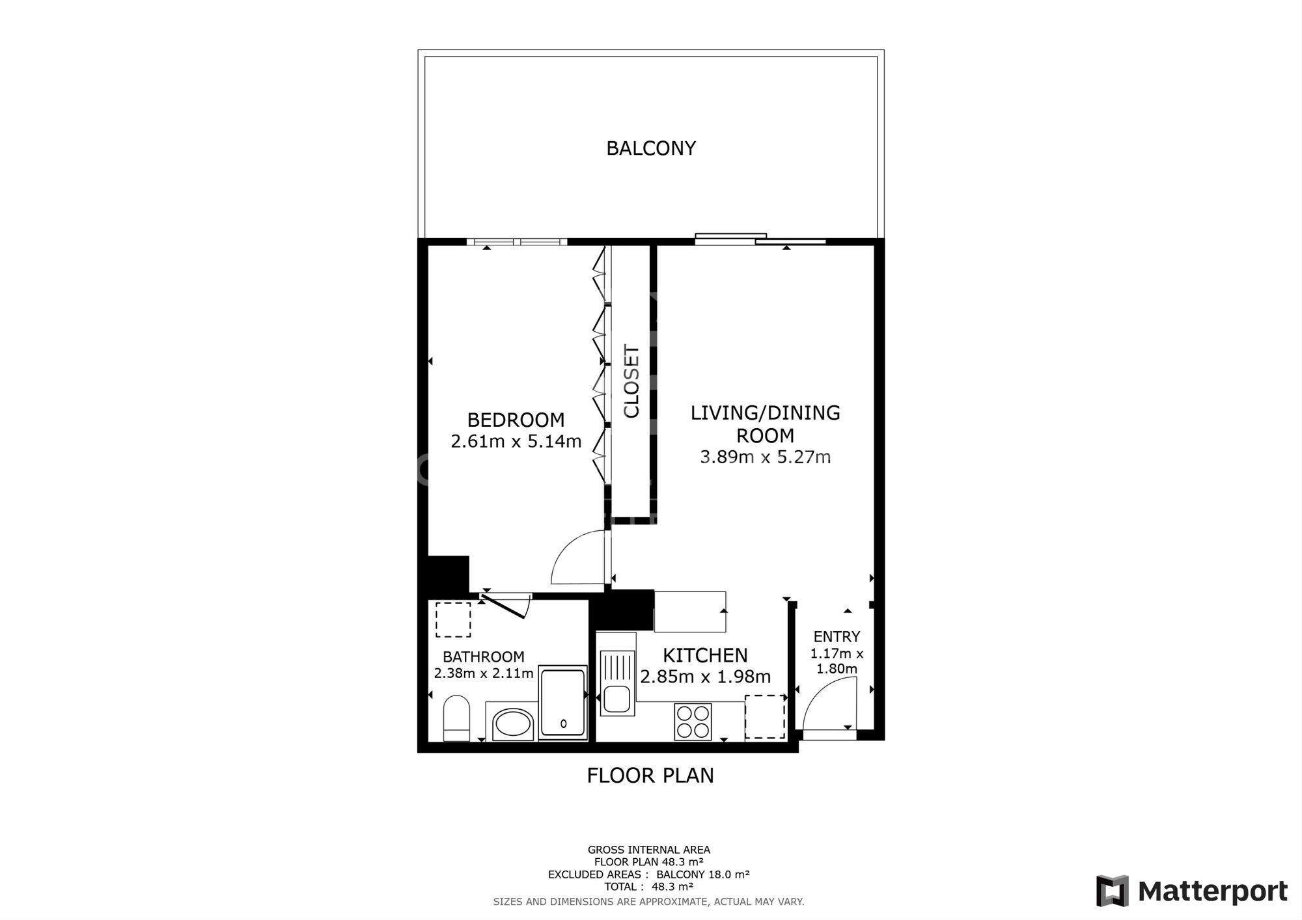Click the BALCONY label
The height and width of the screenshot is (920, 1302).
[x=651, y=148]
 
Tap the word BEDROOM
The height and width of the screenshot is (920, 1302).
[x=516, y=420]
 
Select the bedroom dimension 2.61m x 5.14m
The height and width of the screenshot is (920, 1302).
[x=516, y=442]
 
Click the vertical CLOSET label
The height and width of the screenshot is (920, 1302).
[x=631, y=381]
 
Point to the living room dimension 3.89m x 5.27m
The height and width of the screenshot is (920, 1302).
[x=765, y=457]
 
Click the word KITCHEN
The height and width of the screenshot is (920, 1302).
[x=705, y=655]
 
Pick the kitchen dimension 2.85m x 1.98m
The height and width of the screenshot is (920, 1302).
[x=705, y=677]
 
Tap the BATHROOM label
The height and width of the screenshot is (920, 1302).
[x=483, y=657]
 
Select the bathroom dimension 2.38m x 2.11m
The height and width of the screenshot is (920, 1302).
[x=484, y=673]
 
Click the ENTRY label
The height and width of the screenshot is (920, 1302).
[x=837, y=637]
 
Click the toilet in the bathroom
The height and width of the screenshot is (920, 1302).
[x=456, y=718]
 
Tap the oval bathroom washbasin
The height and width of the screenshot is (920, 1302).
[x=513, y=724]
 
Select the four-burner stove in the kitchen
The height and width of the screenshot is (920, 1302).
[x=693, y=722]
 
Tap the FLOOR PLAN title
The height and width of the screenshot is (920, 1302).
[x=650, y=776]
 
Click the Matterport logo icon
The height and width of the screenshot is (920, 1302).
[x=1113, y=891]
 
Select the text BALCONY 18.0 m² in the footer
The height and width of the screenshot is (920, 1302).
[x=703, y=874]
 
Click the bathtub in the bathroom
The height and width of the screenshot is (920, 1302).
[x=563, y=703]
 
